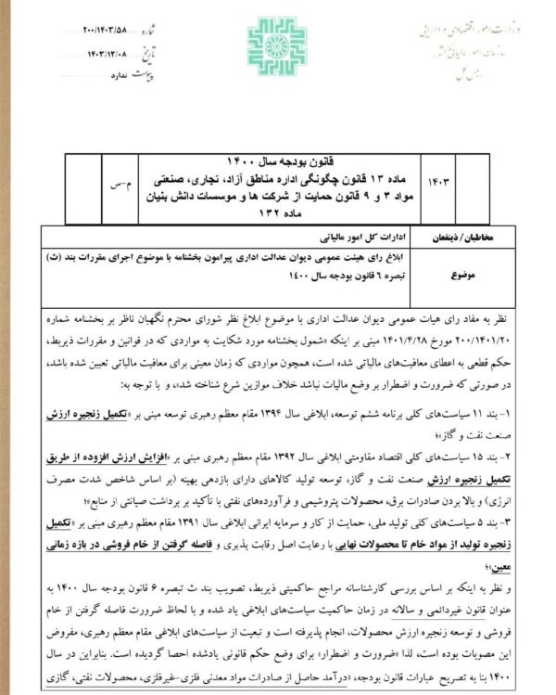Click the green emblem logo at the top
pyautogui.click(x=277, y=43)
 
